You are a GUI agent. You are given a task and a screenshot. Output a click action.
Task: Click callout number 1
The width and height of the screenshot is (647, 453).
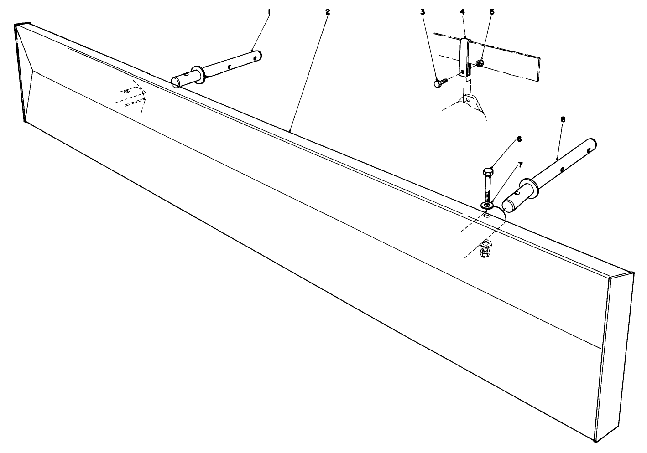[x=269, y=12]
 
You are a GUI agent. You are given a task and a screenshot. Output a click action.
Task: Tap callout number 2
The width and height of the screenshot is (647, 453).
[x=327, y=12]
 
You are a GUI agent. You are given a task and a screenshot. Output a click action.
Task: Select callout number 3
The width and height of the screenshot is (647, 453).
[x=423, y=12]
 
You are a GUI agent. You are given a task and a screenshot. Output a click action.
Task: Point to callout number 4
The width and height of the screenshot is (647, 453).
[x=462, y=12]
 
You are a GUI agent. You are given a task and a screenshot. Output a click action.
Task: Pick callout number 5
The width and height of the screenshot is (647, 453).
[x=492, y=12]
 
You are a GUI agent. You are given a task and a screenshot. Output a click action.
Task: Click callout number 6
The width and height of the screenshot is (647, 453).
[x=519, y=139]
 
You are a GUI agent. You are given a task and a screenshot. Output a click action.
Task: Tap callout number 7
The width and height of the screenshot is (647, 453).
[x=520, y=165]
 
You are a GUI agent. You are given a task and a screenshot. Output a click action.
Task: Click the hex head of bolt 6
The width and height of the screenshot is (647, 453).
[x=488, y=172]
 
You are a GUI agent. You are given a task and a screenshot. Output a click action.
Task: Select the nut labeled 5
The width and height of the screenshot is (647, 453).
[x=480, y=62]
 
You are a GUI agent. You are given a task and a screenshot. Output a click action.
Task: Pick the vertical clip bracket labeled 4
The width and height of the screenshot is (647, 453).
[x=465, y=58]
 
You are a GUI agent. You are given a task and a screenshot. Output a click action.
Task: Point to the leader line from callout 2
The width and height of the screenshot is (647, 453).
[x=309, y=72]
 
